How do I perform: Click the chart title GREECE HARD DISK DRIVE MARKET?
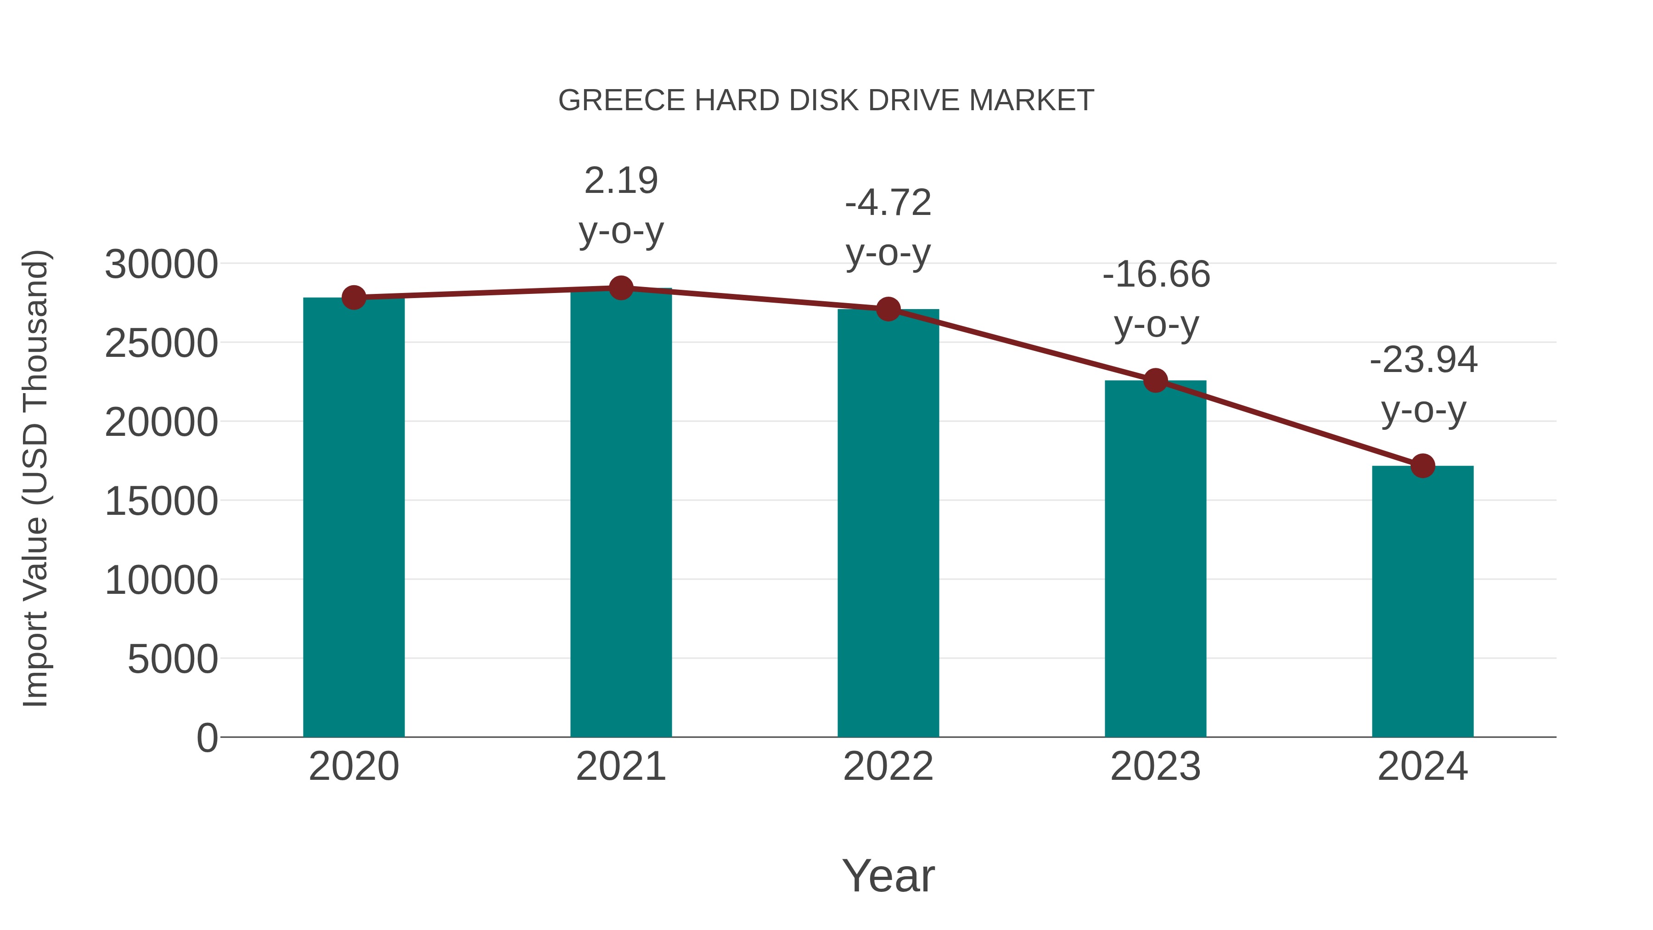coord(826,101)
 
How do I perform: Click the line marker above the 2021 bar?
coord(620,288)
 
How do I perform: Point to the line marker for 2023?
coord(1155,381)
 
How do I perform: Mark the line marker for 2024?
coord(1422,466)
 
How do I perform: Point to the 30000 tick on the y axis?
coord(161,265)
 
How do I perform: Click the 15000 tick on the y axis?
coord(161,501)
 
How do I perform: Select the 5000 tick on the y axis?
coord(173,659)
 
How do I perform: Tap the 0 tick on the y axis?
coord(207,738)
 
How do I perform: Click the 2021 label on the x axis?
coord(620,767)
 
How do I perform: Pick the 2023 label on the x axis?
coord(1155,767)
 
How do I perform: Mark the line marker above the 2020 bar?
coord(354,297)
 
